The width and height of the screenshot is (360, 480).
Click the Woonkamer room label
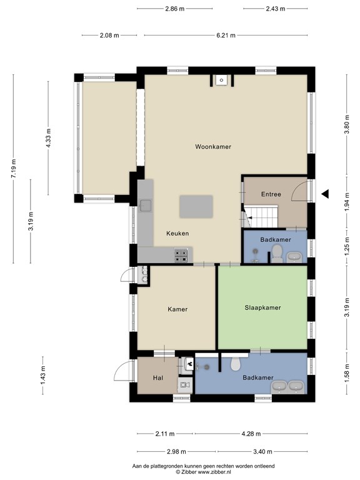pos(213,147)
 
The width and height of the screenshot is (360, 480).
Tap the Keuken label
pos(177,233)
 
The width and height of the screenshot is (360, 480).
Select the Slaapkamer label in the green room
pos(262,307)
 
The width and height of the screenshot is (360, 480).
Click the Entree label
pos(271,194)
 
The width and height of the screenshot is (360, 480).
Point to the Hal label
pos(158,378)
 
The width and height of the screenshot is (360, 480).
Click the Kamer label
pos(177,309)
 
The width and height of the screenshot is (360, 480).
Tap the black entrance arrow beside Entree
pos(325,194)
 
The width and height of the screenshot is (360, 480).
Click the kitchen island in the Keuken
pos(196,207)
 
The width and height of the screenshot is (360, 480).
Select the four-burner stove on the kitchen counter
pos(181,256)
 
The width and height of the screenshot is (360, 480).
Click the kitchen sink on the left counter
pos(146,206)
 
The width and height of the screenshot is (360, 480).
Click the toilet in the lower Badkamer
pos(236,363)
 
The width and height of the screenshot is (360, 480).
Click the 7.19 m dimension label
pos(14,168)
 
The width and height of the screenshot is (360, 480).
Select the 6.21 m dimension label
pos(226,35)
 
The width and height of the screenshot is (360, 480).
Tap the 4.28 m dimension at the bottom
pos(251,434)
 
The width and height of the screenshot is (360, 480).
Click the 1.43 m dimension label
pos(42,375)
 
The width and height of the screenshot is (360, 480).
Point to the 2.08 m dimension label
pos(109,35)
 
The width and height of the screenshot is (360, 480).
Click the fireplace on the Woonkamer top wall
pos(221,81)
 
